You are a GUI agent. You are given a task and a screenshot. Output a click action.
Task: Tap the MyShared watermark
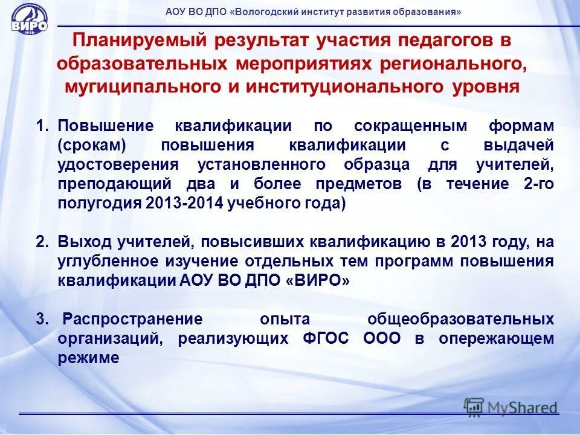511,407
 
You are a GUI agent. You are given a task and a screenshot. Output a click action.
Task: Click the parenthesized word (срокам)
92,146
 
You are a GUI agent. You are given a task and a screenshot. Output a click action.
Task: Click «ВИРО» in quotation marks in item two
316,281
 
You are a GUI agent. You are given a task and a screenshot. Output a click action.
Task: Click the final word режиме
88,358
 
